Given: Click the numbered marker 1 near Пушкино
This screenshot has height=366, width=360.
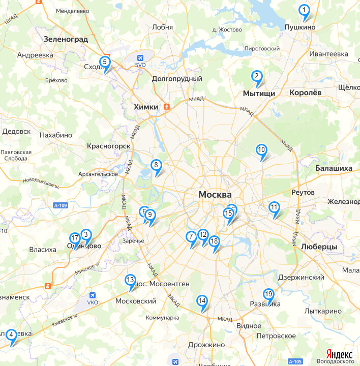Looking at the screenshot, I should point(304,10).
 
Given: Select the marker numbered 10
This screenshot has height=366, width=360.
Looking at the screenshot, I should point(261,150).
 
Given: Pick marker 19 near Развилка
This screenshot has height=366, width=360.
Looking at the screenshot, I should point(268,294).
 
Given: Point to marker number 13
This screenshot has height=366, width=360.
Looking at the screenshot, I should point(130,280).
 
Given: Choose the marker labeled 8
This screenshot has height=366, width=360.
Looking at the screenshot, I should point(156,165).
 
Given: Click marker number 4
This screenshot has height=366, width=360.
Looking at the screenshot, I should point(11,334).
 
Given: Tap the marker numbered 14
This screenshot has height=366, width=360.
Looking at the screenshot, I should point(202,301).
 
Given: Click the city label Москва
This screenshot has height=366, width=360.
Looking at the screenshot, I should point(215,195).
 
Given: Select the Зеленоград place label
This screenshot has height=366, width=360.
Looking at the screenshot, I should point(66,39).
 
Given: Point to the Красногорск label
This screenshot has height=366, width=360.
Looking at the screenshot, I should point(109,146).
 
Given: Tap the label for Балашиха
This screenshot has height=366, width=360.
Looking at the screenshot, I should point(333,168).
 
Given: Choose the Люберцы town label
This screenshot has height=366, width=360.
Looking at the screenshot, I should point(319,247).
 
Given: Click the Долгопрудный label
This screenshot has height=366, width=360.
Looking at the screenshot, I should point(177,79).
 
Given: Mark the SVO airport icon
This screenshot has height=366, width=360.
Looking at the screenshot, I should point(141,57).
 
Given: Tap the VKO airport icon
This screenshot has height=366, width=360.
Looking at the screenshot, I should point(93,295).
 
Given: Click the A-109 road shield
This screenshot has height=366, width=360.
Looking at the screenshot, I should point(59,205).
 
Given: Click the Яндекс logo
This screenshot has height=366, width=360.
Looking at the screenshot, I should point(339,354).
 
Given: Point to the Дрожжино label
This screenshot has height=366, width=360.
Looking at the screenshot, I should point(206,345).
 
